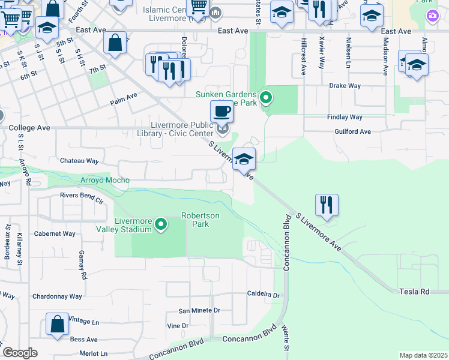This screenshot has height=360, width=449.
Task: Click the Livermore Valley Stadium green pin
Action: point(161,224)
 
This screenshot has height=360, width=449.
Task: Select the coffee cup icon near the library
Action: point(222,111)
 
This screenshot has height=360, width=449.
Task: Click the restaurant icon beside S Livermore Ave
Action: point(327,205)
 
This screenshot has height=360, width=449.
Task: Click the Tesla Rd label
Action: point(415,291)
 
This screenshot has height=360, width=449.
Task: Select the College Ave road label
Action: point(29,128)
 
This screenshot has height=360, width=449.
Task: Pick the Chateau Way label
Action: point(79,161)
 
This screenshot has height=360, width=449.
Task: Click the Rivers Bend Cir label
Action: point(83,195)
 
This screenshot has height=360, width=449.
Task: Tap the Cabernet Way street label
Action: point(55,233)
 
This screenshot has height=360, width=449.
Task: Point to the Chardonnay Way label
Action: point(57,296)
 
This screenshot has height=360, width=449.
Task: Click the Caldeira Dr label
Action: point(264,295)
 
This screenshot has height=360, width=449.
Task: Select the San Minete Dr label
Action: point(199,311)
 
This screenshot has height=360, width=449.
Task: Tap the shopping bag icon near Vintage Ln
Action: point(58,325)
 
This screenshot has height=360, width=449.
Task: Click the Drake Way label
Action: point(345,86)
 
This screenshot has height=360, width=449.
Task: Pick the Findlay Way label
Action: point(345,117)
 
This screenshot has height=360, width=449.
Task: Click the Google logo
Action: point(20,353)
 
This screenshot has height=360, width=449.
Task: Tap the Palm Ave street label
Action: point(124,98)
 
